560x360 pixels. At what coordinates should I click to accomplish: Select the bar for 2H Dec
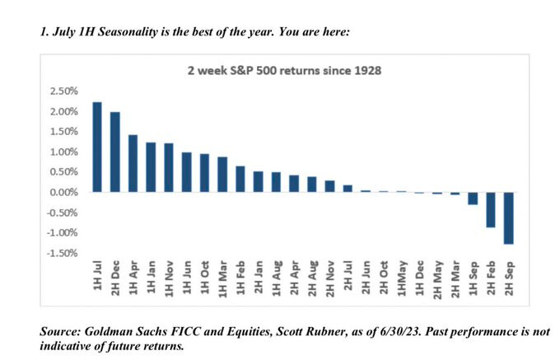pos(114,152)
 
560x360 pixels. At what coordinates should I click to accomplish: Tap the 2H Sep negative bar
pos(509,218)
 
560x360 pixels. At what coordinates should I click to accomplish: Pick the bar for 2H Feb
pos(491,210)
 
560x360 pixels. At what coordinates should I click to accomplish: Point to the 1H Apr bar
pos(133,163)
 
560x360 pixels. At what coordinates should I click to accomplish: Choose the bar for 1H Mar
pos(222,175)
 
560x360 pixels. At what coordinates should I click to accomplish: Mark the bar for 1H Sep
pos(473,199)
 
